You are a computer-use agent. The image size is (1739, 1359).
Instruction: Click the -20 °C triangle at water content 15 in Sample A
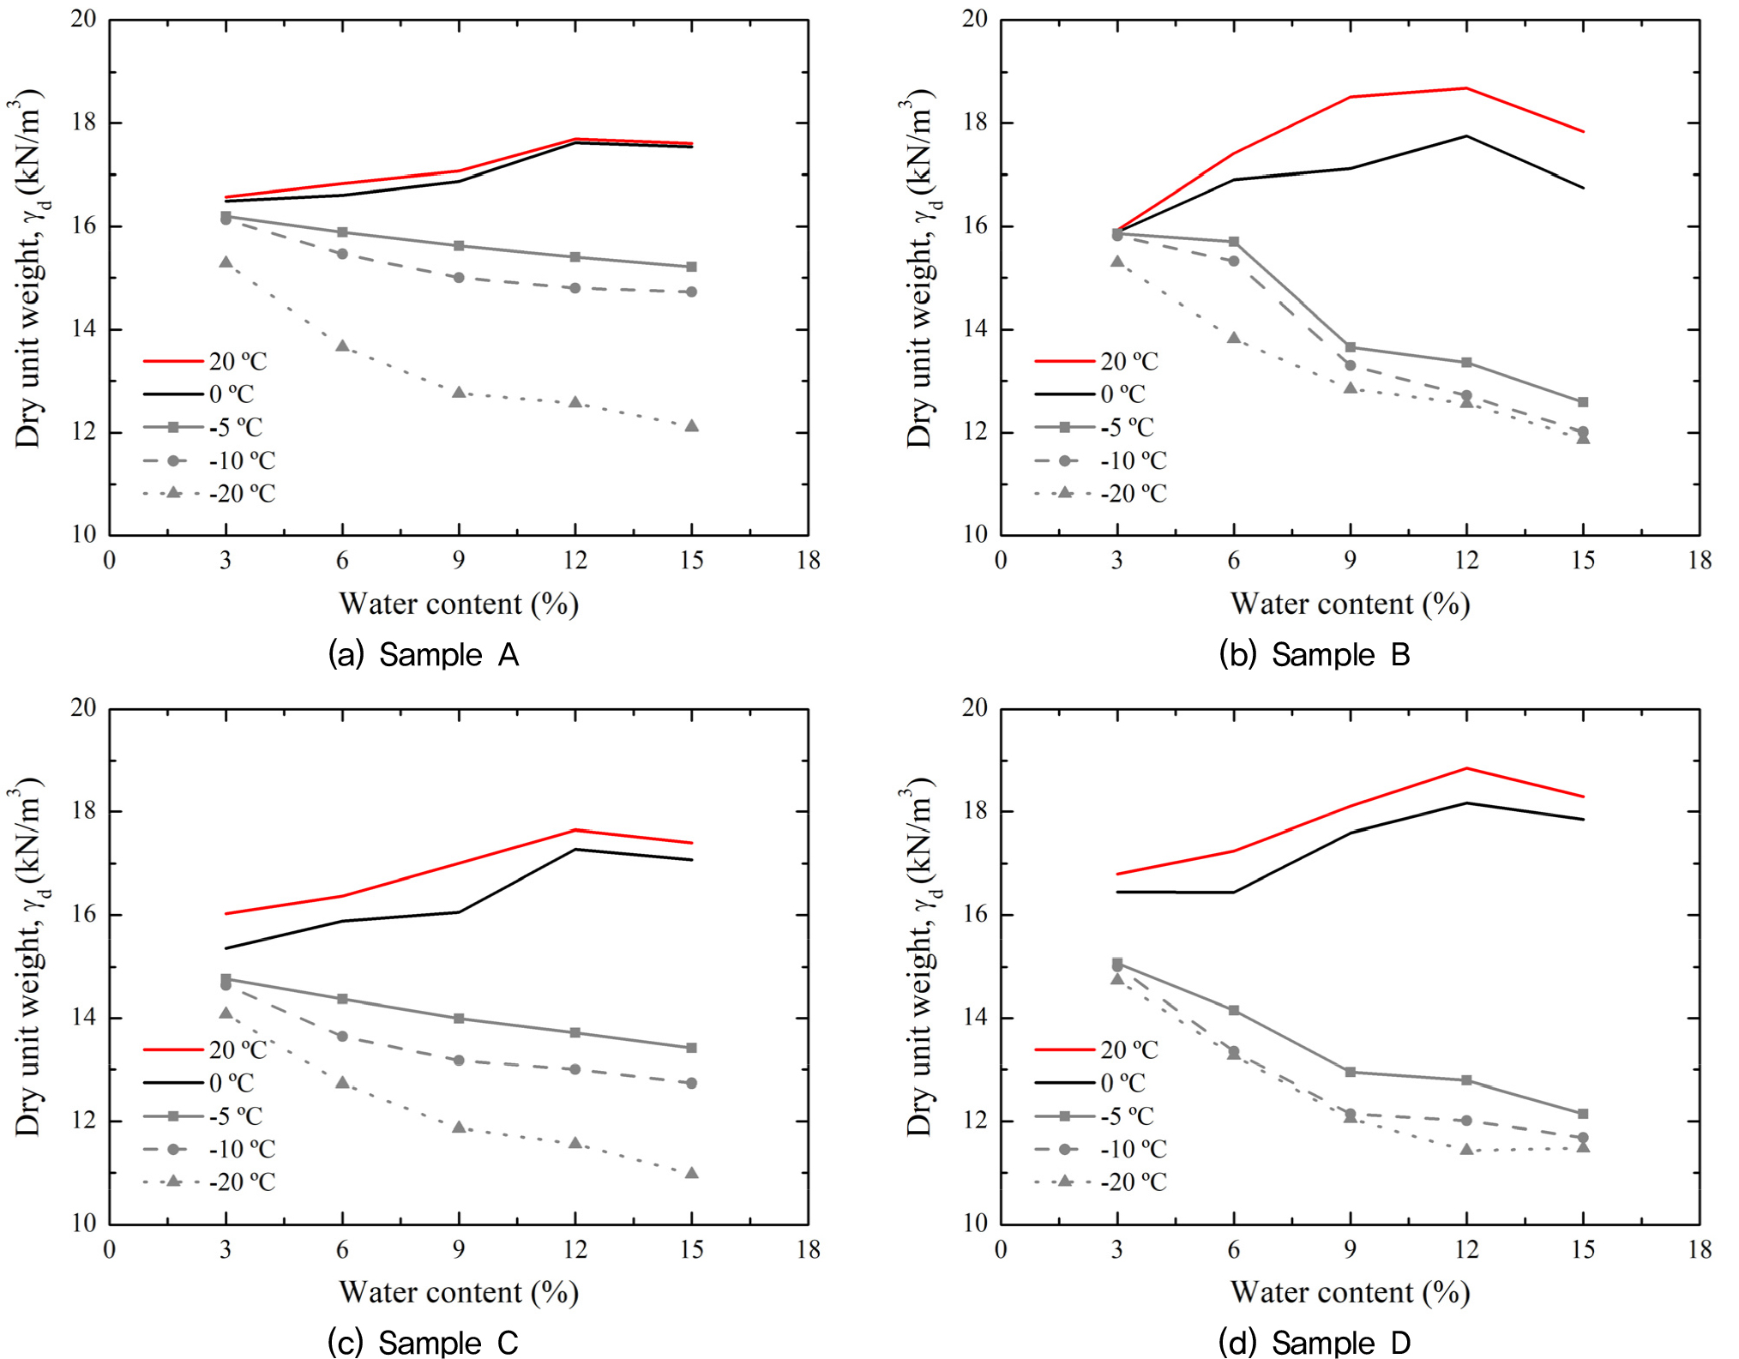tap(692, 426)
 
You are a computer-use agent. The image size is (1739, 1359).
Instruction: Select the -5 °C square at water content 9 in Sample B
tap(1351, 347)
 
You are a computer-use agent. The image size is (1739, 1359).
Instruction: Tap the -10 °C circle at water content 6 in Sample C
tap(342, 1037)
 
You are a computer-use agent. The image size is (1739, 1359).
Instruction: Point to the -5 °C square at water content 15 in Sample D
tap(1583, 1114)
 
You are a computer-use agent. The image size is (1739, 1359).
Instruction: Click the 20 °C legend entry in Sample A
tap(206, 362)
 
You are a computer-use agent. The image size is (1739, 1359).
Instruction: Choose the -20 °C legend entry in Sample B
tap(1099, 494)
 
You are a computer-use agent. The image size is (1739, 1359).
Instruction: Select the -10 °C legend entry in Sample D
tap(1099, 1149)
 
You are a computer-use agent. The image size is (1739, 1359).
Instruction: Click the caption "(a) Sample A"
tap(424, 655)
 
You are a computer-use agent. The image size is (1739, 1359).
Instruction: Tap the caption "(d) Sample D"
tap(1314, 1343)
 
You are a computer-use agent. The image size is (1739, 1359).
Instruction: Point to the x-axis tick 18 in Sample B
tap(1700, 561)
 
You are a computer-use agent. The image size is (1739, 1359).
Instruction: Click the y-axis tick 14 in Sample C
tap(83, 1018)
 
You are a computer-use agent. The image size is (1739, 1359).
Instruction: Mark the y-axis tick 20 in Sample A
tap(83, 19)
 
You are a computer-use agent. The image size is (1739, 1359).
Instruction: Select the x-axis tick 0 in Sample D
tap(1001, 1250)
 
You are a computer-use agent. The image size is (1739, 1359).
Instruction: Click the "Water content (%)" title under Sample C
tap(459, 1292)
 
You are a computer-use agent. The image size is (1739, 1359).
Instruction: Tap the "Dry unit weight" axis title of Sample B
tap(920, 274)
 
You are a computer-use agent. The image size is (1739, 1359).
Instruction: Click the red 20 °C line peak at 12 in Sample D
tap(1466, 768)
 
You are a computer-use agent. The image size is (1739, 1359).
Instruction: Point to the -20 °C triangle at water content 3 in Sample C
tap(226, 1013)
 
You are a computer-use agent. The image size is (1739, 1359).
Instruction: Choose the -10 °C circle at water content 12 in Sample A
tap(575, 288)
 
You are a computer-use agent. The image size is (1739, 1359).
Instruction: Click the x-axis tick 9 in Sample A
tap(459, 561)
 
